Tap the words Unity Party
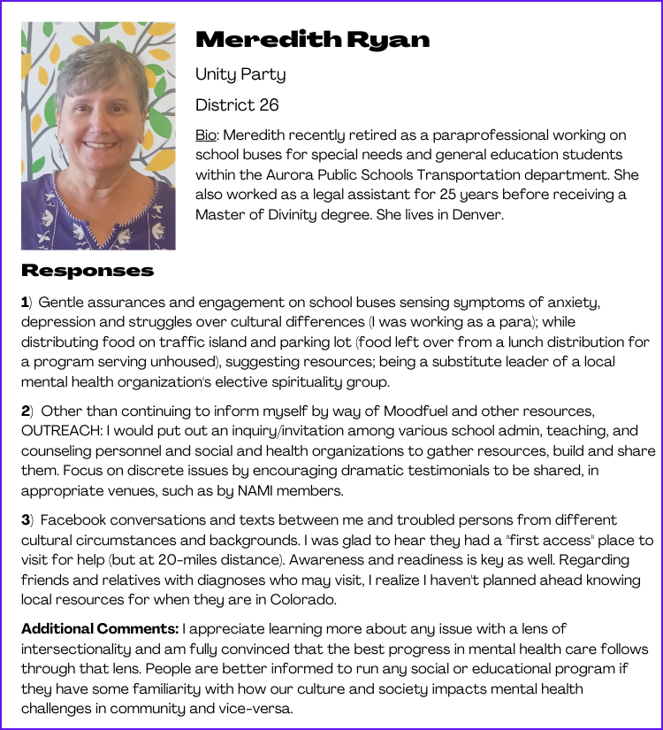[240, 74]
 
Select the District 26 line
[237, 105]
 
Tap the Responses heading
[88, 270]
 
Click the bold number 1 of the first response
[25, 303]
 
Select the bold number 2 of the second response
[25, 411]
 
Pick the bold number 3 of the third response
[25, 519]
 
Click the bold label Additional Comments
[99, 629]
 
